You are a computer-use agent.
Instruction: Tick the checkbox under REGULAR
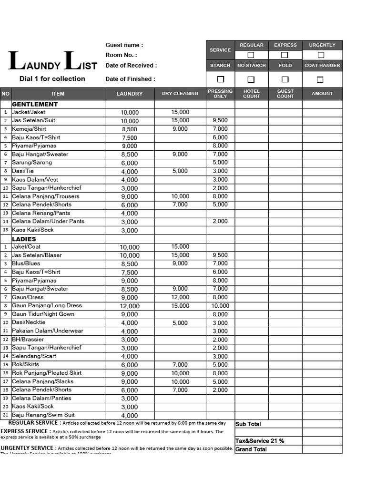[x=251, y=55]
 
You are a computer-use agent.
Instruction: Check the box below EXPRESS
[x=285, y=55]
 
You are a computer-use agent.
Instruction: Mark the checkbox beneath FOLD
[x=285, y=79]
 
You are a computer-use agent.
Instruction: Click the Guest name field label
[x=124, y=45]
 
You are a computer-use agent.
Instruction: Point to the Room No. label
[x=121, y=55]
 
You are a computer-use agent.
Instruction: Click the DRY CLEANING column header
[x=180, y=94]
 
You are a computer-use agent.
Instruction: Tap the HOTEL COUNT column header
[x=251, y=94]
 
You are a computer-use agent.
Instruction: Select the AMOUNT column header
[x=322, y=94]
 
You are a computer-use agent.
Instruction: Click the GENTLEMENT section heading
[x=35, y=104]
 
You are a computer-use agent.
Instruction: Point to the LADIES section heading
[x=24, y=239]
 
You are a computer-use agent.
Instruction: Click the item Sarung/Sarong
[x=32, y=163]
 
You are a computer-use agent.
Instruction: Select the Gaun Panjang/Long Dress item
[x=47, y=306]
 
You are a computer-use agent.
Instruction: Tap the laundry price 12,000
[x=130, y=306]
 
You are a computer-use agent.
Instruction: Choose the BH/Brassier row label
[x=28, y=340]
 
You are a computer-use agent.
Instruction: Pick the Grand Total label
[x=251, y=449]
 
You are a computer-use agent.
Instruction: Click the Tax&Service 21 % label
[x=260, y=441]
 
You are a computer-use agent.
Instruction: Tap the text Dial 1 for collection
[x=52, y=79]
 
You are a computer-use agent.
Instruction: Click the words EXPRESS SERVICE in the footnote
[x=26, y=432]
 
